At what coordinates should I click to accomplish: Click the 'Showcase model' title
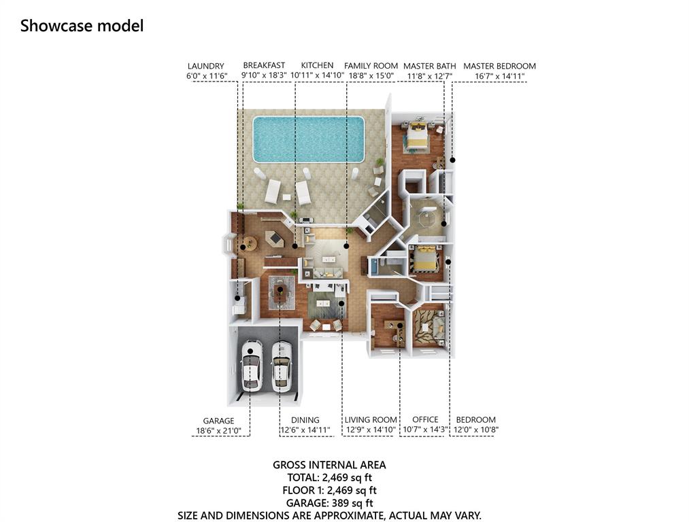pos(82,26)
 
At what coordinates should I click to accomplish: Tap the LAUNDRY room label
pos(205,67)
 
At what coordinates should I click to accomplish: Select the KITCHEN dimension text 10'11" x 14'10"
pos(317,75)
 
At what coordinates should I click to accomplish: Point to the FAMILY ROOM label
pos(371,66)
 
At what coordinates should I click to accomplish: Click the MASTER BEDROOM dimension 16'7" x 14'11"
pos(500,76)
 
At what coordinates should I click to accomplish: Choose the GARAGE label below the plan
pos(218,421)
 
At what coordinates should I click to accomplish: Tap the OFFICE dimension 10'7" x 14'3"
pos(425,430)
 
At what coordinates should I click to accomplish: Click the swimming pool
pos(309,139)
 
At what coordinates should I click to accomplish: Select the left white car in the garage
pos(252,365)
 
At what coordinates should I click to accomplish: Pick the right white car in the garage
pos(282,366)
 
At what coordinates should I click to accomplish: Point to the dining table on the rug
pos(280,293)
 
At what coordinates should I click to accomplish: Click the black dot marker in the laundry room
pos(238,298)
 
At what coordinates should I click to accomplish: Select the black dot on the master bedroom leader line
pos(452,160)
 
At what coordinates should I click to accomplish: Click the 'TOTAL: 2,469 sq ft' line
pos(330,477)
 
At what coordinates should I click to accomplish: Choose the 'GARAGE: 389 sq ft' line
pos(330,503)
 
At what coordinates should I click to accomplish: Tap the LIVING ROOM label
pos(371,420)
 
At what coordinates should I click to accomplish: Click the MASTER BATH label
pos(430,67)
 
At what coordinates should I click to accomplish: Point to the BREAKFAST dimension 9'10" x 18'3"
pos(264,75)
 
